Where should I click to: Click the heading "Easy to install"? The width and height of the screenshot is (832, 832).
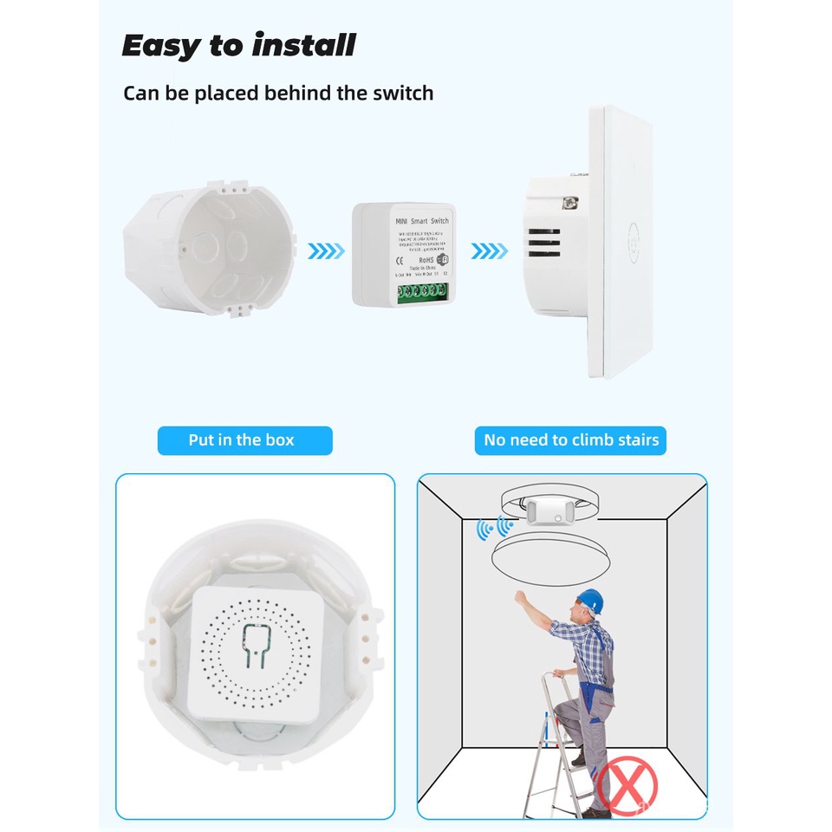point(238,45)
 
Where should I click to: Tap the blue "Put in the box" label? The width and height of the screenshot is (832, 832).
point(242,440)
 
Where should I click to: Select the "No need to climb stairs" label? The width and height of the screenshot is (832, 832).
point(571,440)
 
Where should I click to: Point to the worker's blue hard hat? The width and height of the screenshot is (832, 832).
point(591,599)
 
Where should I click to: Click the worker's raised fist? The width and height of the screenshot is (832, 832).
point(520,597)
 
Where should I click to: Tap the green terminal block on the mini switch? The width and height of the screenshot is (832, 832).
point(421,292)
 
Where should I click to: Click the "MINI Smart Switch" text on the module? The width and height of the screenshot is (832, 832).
point(422,222)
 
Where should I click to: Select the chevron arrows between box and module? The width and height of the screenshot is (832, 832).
point(327,251)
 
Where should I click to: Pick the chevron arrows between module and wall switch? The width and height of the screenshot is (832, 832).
point(490,251)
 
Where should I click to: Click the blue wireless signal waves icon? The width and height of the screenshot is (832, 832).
point(493,527)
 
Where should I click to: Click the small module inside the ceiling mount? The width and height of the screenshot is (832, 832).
point(549,512)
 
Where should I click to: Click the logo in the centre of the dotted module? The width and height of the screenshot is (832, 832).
point(256,647)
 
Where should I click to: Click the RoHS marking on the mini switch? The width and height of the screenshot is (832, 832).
point(425,259)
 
